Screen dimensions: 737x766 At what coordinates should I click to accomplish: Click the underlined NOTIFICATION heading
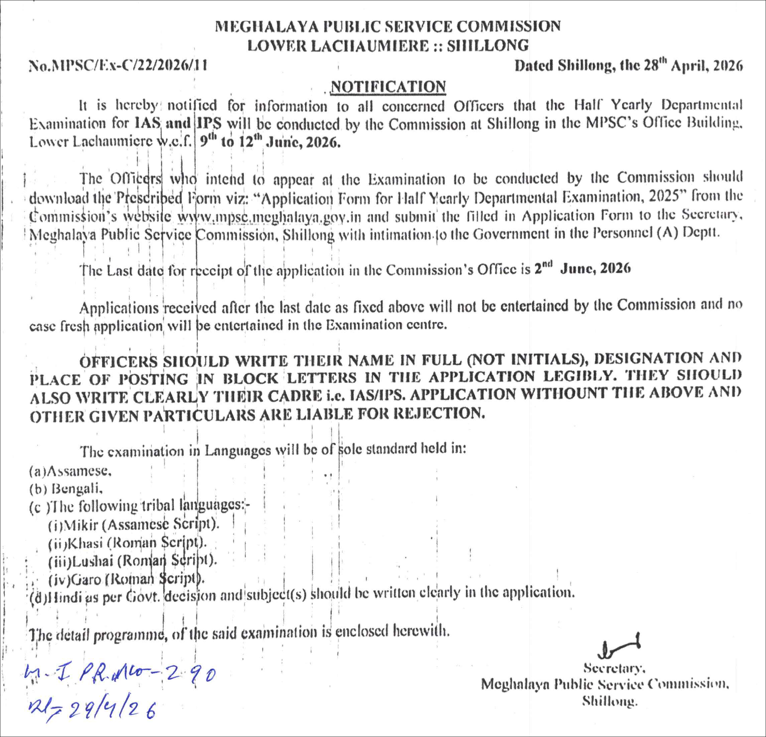[388, 87]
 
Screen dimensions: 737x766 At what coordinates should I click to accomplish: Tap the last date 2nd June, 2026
[582, 268]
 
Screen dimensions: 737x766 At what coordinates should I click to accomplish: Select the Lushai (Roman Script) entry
[133, 561]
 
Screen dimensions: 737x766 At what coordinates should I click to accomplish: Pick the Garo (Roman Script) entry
[126, 579]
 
